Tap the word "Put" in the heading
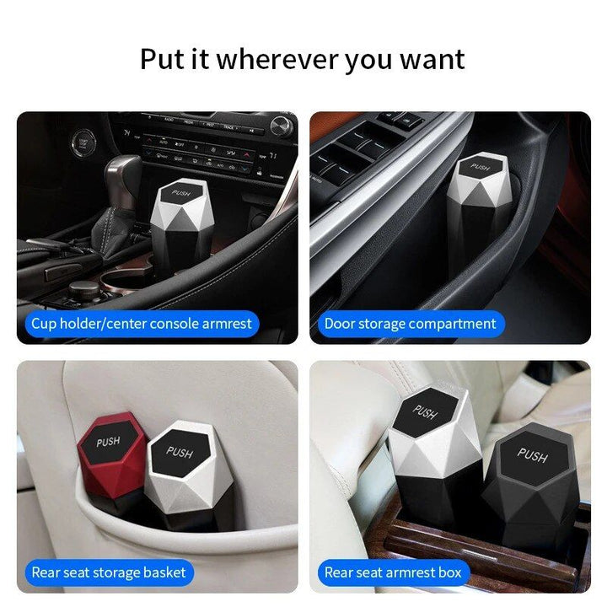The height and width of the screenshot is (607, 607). click(163, 60)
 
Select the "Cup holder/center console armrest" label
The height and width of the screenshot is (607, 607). click(142, 324)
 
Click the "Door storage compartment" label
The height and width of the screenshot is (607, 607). click(411, 324)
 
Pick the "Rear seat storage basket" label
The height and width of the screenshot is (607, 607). click(109, 572)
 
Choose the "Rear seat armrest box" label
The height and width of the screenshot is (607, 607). click(394, 572)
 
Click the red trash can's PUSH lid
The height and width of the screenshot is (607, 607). click(108, 441)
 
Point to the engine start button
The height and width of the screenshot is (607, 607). click(83, 142)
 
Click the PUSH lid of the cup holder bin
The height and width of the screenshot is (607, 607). click(181, 193)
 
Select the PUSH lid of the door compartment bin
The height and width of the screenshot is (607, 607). click(480, 167)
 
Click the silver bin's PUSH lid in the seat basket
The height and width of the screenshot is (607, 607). click(180, 452)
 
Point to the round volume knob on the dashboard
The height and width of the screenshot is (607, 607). click(282, 125)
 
